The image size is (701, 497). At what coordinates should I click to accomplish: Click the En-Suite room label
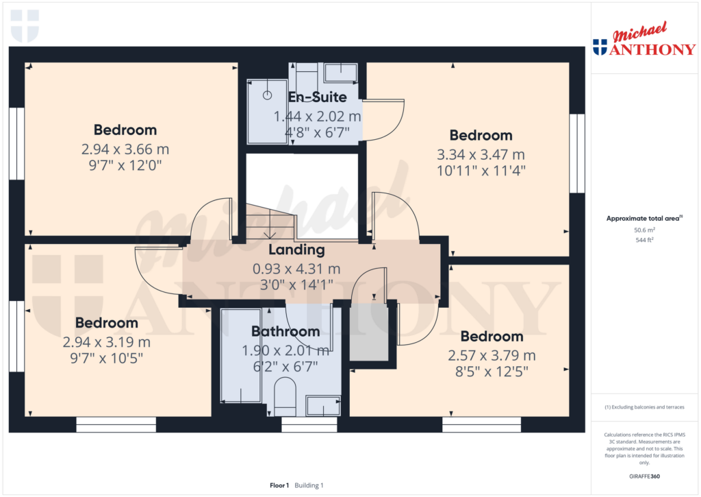[x=317, y=97]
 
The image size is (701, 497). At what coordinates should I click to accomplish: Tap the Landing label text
[x=296, y=250]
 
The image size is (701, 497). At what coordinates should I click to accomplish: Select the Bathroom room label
[x=285, y=332]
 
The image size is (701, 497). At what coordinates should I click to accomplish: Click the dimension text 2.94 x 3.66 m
[x=125, y=149]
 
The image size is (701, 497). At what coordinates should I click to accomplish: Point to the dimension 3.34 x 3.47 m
[x=481, y=154]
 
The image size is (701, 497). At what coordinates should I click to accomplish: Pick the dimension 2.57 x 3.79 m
[x=492, y=356]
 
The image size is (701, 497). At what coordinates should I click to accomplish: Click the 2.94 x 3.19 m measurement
[x=107, y=342]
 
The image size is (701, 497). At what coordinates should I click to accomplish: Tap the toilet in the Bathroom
[x=284, y=397]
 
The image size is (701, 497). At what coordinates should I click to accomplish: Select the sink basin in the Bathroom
[x=323, y=406]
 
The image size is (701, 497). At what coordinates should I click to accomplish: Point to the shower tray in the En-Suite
[x=267, y=111]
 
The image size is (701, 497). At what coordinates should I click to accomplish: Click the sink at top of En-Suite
[x=340, y=71]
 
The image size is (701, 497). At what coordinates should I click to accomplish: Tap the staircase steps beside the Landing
[x=269, y=223]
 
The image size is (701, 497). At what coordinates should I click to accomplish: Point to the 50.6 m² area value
[x=643, y=231]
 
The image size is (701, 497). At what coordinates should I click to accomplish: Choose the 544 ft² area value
[x=643, y=241]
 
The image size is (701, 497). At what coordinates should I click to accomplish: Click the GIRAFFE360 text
[x=643, y=476]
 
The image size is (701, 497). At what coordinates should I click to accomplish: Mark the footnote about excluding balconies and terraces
[x=643, y=407]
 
